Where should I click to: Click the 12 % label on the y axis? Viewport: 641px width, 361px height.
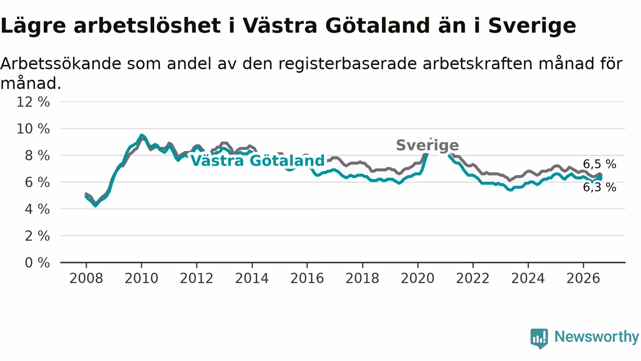pyautogui.click(x=33, y=102)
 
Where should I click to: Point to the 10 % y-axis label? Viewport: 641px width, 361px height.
pyautogui.click(x=33, y=129)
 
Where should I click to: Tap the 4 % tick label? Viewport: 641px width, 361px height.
pyautogui.click(x=37, y=210)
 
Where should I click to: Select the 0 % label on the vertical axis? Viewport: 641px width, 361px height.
pyautogui.click(x=37, y=263)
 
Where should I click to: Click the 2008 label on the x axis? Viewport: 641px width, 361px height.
pyautogui.click(x=86, y=278)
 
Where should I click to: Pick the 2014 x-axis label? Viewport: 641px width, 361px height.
pyautogui.click(x=252, y=278)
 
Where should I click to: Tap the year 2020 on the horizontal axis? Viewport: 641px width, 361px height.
pyautogui.click(x=418, y=278)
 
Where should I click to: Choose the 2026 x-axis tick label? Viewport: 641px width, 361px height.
pyautogui.click(x=583, y=278)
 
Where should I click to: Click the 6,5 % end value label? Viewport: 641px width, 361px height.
pyautogui.click(x=599, y=164)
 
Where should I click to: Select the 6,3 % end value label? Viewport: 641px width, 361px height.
pyautogui.click(x=599, y=188)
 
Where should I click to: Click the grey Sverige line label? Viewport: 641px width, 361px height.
pyautogui.click(x=428, y=145)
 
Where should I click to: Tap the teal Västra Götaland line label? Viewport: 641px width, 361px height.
pyautogui.click(x=257, y=160)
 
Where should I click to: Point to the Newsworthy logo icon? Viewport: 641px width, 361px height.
pyautogui.click(x=539, y=338)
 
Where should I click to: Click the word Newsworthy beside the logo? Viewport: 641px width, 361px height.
pyautogui.click(x=596, y=336)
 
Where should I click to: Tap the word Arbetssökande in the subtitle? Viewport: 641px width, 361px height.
pyautogui.click(x=61, y=63)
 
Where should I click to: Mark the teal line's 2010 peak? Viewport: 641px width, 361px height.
pyautogui.click(x=141, y=135)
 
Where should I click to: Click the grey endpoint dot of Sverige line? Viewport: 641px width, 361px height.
pyautogui.click(x=600, y=175)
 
